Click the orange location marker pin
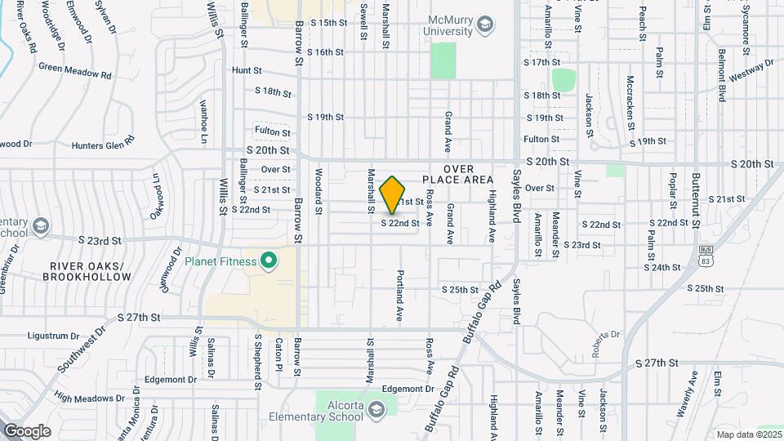click(393, 194)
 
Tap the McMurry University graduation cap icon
click(486, 24)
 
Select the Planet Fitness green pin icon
click(267, 261)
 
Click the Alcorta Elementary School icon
click(376, 408)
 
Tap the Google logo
click(27, 430)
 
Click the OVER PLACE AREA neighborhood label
click(458, 174)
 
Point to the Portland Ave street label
click(400, 295)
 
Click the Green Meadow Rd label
click(74, 71)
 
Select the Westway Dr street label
click(751, 71)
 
